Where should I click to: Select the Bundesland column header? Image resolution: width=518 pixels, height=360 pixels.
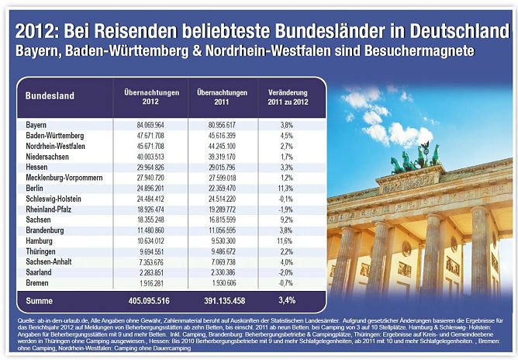tap(50, 96)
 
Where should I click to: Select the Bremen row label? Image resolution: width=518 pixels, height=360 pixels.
tap(36, 284)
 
